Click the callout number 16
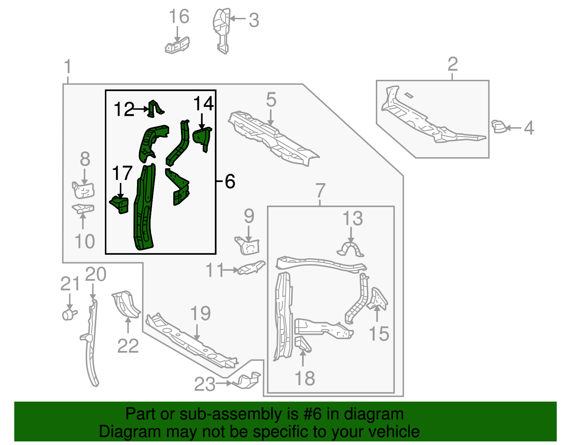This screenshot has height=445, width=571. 179,16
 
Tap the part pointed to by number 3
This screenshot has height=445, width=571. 221,30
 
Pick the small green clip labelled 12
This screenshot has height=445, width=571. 156,109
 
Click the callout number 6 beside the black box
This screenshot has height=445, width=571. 230,181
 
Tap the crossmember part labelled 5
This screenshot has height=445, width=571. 273,139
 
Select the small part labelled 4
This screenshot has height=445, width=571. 499,126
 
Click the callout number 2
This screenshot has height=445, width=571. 453,64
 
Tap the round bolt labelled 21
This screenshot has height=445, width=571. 69,314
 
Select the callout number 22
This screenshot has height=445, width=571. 128,346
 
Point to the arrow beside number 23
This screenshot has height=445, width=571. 224,383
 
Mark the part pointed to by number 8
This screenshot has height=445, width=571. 83,190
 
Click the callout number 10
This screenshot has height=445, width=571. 85,241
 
